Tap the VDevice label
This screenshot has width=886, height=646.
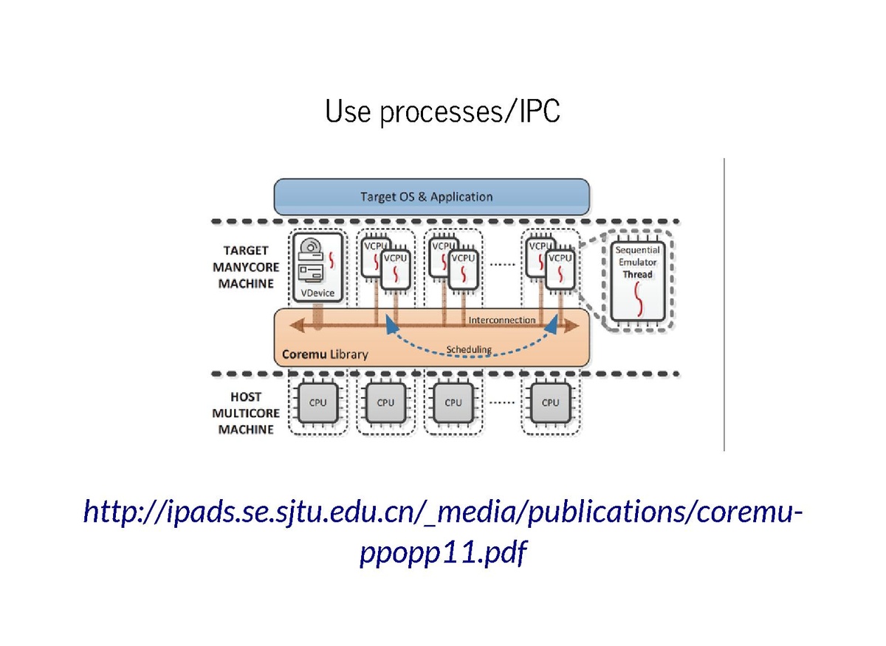point(318,293)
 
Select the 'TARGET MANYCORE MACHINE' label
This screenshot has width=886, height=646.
point(246,267)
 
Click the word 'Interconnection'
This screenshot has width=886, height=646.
point(502,320)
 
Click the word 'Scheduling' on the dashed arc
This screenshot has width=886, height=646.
point(468,349)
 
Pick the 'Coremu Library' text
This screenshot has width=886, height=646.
point(325,354)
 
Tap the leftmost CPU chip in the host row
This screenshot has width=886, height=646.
point(317,403)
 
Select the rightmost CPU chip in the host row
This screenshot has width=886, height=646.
point(550,403)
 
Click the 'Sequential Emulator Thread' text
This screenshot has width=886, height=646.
point(637,263)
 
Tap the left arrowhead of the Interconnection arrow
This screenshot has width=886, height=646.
point(295,326)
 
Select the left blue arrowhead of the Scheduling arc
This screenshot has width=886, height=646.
point(389,327)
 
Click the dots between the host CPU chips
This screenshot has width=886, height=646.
point(502,403)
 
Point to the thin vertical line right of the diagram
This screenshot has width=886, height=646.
point(724,303)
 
